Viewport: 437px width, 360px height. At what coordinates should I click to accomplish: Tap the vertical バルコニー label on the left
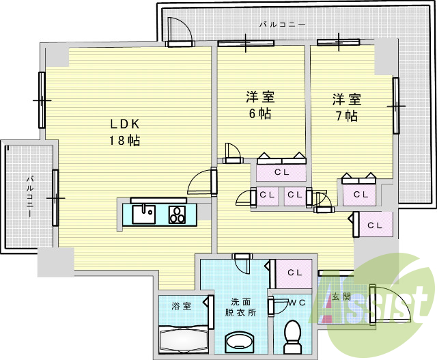(30, 197)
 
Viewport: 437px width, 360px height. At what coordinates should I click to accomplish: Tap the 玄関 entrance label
(341, 297)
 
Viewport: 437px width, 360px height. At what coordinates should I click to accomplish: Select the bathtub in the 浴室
(180, 338)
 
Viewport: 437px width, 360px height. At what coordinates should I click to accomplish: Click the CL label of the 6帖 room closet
(281, 172)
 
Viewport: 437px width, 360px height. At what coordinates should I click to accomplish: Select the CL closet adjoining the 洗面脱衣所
(294, 273)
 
